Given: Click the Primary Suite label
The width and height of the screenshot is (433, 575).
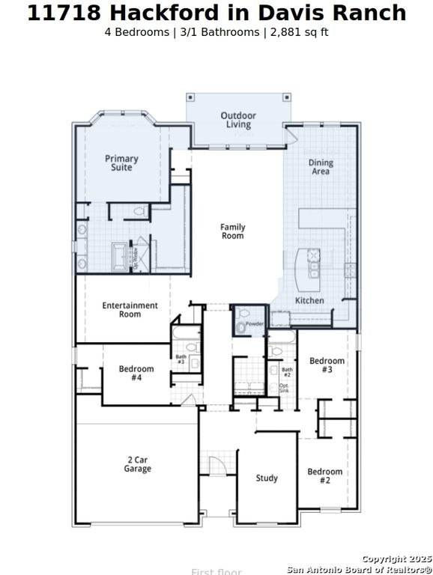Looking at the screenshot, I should click(x=121, y=162).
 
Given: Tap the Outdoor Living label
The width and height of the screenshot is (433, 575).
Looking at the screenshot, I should click(x=237, y=120).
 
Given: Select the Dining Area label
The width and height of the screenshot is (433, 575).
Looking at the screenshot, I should click(x=321, y=167).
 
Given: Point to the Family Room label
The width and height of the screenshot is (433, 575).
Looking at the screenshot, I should click(x=232, y=231).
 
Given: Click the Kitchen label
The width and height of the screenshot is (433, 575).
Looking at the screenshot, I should click(x=309, y=300).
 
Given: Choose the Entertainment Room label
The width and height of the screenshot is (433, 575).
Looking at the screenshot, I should click(x=130, y=309).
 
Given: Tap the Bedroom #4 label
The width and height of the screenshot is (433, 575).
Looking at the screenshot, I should click(x=136, y=373).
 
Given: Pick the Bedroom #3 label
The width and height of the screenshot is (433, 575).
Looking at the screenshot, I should click(x=327, y=365).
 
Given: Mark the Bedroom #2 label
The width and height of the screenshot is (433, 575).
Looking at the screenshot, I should click(x=324, y=475).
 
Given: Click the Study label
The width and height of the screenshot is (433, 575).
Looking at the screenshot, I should click(x=267, y=478).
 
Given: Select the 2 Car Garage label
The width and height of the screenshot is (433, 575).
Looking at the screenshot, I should click(x=137, y=464).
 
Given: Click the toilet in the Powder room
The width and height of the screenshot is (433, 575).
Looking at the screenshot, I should click(x=241, y=326).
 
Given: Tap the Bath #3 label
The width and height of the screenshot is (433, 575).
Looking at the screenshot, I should click(x=181, y=359).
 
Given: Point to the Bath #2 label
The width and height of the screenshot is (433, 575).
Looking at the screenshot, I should click(x=287, y=371).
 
